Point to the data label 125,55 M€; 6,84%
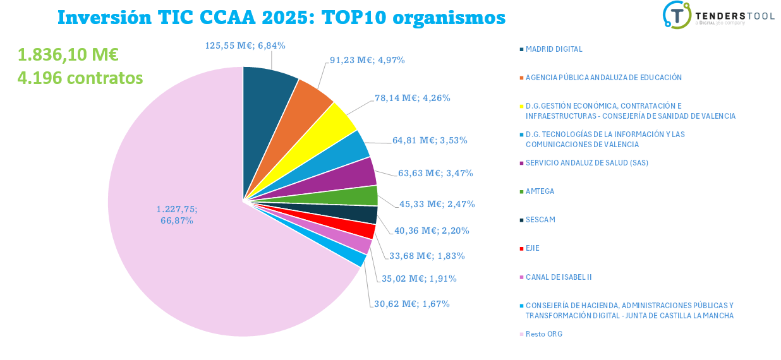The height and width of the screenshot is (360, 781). [x=245, y=45]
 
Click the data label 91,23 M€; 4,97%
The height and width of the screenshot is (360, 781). [x=367, y=60]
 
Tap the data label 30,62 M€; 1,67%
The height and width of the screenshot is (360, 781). [x=411, y=304]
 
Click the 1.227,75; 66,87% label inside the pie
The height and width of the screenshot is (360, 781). [x=181, y=215]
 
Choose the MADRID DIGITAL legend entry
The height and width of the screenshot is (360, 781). [x=554, y=49]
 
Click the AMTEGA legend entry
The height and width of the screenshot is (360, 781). [x=540, y=191]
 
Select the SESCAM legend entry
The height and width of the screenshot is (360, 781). [x=541, y=220]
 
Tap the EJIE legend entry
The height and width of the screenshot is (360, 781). [x=532, y=248]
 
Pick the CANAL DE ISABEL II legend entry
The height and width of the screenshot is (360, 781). [x=558, y=277]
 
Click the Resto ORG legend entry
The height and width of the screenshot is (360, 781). [x=543, y=334]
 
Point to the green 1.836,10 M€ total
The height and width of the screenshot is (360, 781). [x=68, y=55]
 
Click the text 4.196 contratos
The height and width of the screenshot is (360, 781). [x=80, y=78]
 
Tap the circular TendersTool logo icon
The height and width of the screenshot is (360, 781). [x=677, y=15]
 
